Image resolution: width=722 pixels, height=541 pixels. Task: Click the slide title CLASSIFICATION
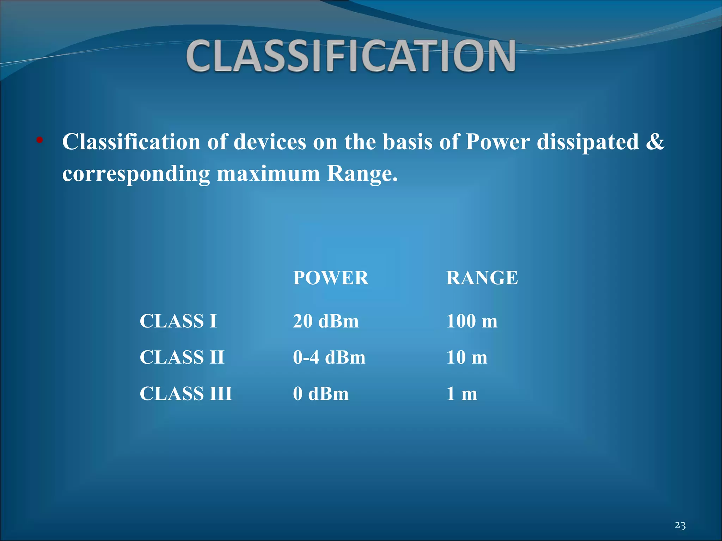tap(351, 56)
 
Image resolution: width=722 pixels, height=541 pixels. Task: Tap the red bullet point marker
tap(39, 141)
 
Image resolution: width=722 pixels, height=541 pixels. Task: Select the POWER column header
tap(331, 278)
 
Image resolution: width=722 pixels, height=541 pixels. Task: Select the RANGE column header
tap(482, 278)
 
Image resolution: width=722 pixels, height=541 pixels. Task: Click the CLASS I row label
tap(178, 321)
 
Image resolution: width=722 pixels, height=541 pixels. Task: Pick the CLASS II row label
tap(182, 357)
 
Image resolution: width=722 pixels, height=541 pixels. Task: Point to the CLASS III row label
tap(186, 394)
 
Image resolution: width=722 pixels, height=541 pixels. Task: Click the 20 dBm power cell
tap(326, 321)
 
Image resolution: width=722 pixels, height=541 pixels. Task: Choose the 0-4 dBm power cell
tap(329, 357)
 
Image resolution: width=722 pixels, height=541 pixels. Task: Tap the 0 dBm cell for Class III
tap(320, 394)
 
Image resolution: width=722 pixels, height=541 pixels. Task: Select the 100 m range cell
tap(472, 321)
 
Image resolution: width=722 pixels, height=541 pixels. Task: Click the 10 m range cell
tap(467, 357)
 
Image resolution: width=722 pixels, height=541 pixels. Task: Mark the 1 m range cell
tap(461, 394)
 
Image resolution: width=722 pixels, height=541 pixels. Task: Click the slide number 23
tap(680, 526)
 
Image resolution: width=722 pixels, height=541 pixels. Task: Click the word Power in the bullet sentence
tap(497, 142)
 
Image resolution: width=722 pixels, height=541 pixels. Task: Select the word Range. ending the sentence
tap(362, 174)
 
